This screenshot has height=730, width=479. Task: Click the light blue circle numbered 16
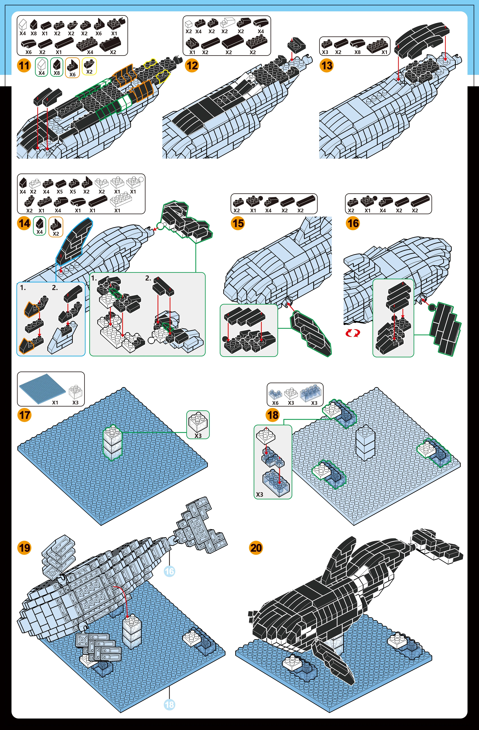[x=169, y=571]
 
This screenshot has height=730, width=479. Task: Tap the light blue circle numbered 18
[x=169, y=704]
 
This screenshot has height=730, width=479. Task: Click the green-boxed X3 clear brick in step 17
[x=198, y=425]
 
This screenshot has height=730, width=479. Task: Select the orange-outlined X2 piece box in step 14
[x=56, y=227]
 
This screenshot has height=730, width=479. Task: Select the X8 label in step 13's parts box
[x=357, y=52]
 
